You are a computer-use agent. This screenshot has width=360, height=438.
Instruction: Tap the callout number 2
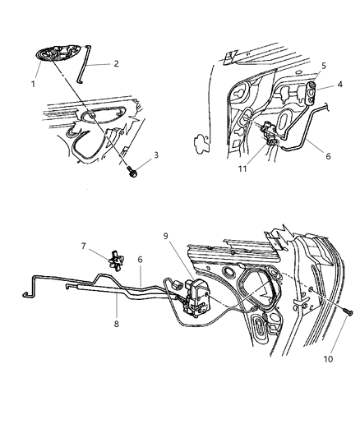[115, 63]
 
